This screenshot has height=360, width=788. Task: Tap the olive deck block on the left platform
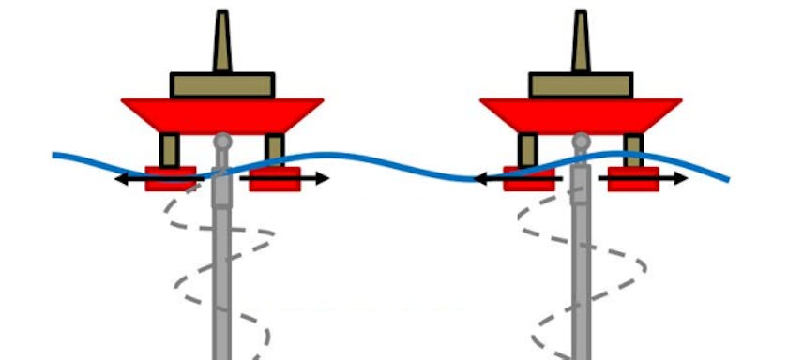(222, 85)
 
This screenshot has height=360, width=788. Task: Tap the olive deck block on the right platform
(582, 85)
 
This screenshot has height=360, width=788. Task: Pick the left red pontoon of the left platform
(171, 179)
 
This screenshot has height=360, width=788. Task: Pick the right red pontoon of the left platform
(275, 179)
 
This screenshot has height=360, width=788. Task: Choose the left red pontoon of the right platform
(529, 179)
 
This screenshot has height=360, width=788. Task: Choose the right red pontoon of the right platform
(633, 179)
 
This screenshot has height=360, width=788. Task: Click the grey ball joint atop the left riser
(222, 142)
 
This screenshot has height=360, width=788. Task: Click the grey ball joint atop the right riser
(582, 142)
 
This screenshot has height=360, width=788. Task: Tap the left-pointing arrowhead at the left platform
(119, 178)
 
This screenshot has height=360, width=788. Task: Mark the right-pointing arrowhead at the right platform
(684, 178)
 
